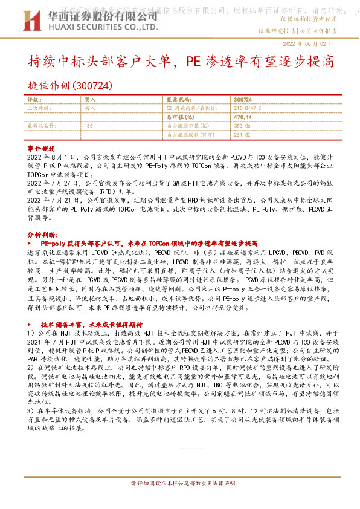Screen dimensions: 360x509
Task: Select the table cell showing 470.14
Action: click(242, 117)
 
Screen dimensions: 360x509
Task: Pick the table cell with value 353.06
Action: click(241, 125)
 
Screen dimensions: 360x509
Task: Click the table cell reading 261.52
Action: click(241, 134)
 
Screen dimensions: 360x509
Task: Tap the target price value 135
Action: click(89, 125)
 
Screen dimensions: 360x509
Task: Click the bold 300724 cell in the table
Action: click(242, 99)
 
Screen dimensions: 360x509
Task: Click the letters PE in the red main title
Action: click(193, 62)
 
